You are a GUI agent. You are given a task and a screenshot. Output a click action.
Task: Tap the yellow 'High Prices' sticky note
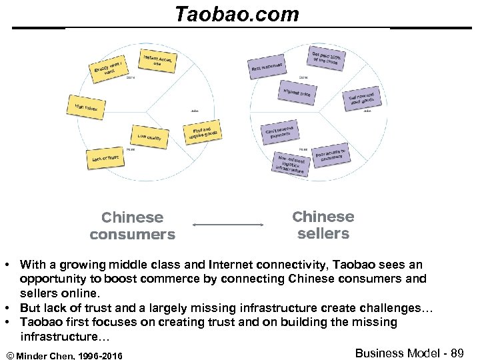pyautogui.click(x=85, y=105)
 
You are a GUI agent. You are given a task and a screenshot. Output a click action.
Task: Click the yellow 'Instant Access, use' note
pyautogui.click(x=159, y=61)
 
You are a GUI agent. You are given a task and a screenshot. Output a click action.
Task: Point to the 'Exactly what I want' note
pyautogui.click(x=108, y=68)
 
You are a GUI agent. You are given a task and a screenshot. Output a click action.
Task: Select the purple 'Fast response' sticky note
pyautogui.click(x=267, y=66)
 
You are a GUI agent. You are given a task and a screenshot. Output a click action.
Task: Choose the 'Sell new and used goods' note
pyautogui.click(x=361, y=101)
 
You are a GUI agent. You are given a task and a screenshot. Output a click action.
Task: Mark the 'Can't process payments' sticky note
pyautogui.click(x=279, y=133)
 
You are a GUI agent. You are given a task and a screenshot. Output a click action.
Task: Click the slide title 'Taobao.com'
pyautogui.click(x=237, y=14)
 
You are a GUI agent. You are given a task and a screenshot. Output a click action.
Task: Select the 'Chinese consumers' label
pyautogui.click(x=133, y=226)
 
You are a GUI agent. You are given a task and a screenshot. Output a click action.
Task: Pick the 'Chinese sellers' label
pyautogui.click(x=323, y=225)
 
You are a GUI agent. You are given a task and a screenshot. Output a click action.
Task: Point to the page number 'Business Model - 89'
pyautogui.click(x=409, y=353)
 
